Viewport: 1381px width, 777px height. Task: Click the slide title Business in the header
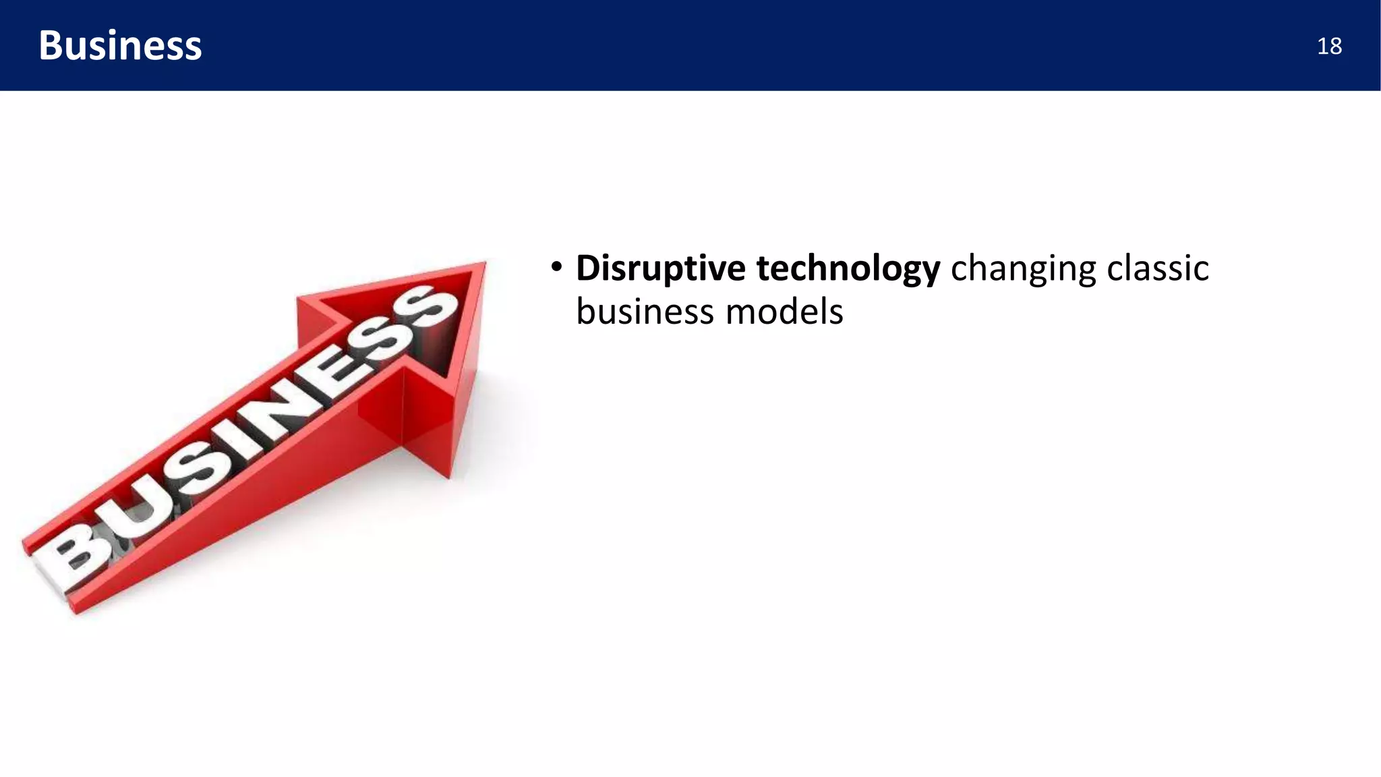120,46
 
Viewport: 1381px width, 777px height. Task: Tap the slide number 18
1328,47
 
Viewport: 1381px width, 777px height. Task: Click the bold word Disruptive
660,268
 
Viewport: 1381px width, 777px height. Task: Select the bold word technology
848,268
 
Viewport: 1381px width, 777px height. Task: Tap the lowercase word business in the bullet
645,312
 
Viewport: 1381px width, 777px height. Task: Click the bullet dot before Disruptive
556,267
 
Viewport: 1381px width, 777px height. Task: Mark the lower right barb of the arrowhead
449,476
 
